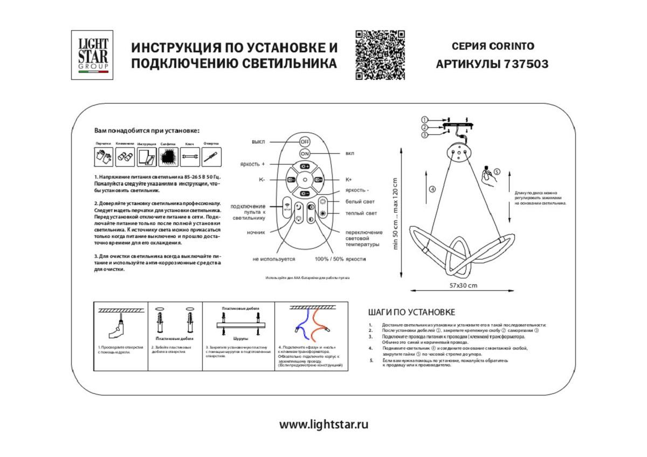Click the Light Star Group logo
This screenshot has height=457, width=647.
coord(92,55)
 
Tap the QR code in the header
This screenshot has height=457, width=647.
coord(380,55)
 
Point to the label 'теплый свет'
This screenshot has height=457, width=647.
coord(361,214)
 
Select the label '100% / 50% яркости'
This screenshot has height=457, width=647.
coord(340,259)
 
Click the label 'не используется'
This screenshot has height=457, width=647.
coord(274,259)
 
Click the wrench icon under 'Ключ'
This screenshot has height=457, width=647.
coord(190,157)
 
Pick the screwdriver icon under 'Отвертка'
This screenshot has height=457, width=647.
coord(211,157)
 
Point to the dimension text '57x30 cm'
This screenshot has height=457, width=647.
coord(463,285)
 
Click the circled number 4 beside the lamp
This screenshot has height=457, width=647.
coord(432,189)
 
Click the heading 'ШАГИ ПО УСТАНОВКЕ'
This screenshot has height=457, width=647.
coord(411,312)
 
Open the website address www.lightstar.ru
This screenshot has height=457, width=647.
coord(323,424)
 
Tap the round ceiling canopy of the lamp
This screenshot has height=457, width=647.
coord(459,153)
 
